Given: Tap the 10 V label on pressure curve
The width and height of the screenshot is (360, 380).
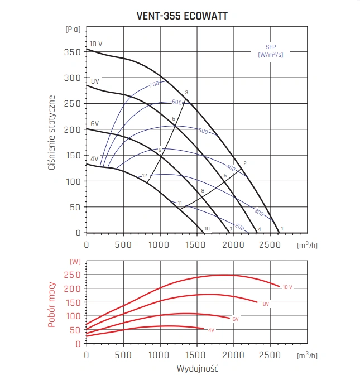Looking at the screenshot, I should tap(95, 44).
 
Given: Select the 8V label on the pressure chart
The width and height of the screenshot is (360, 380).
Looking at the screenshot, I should tap(95, 81).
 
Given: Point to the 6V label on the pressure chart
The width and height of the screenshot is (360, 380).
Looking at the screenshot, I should tap(95, 123).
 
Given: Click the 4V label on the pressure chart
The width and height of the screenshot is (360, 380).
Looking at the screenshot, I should tap(94, 159).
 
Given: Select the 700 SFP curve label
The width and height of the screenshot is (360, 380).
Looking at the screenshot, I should tap(154, 84).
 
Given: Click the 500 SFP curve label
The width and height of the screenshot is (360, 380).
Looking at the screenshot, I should tap(203, 132).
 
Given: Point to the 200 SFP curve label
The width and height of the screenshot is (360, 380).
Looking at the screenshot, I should tap(239, 227).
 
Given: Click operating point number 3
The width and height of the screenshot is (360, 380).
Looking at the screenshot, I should tap(186, 93).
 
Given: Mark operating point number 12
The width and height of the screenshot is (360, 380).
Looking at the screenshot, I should tap(145, 176).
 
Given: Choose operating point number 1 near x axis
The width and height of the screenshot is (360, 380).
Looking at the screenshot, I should tap(282, 228).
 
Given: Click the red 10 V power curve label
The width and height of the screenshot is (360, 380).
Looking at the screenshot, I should tap(287, 287).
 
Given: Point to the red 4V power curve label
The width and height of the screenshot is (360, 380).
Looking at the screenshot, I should tap(212, 330).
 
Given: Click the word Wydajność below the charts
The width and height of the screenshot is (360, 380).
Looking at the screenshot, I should tap(197, 369).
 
